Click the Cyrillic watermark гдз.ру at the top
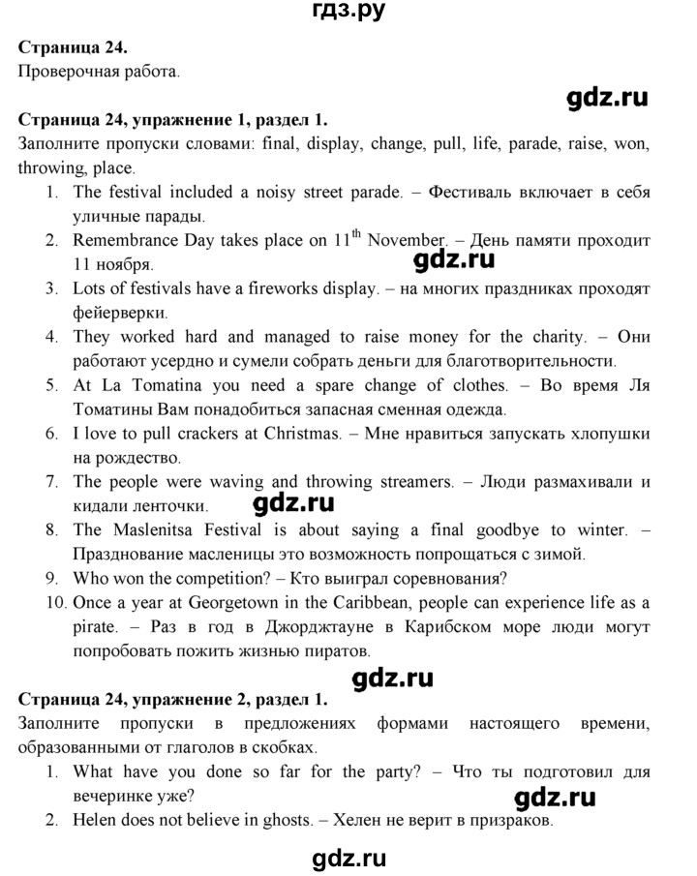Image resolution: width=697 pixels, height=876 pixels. click(x=348, y=13)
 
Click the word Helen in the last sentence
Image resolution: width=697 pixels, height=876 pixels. click(x=96, y=822)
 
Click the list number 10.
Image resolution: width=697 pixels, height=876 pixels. click(x=54, y=602)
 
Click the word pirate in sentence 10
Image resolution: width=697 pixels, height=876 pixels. click(x=95, y=626)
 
